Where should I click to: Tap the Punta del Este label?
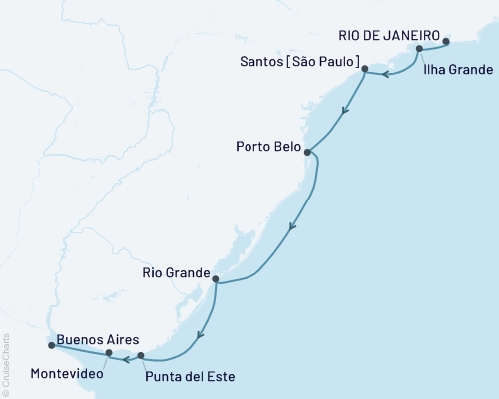(x=185, y=376)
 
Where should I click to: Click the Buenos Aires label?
(x=92, y=339)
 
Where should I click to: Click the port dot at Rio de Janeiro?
(x=446, y=42)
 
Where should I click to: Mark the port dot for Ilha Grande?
(x=420, y=49)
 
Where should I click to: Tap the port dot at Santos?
(x=365, y=70)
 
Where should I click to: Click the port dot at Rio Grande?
(x=216, y=282)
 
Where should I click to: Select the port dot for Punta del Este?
(x=141, y=355)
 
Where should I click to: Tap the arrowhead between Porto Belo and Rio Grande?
(x=290, y=228)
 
